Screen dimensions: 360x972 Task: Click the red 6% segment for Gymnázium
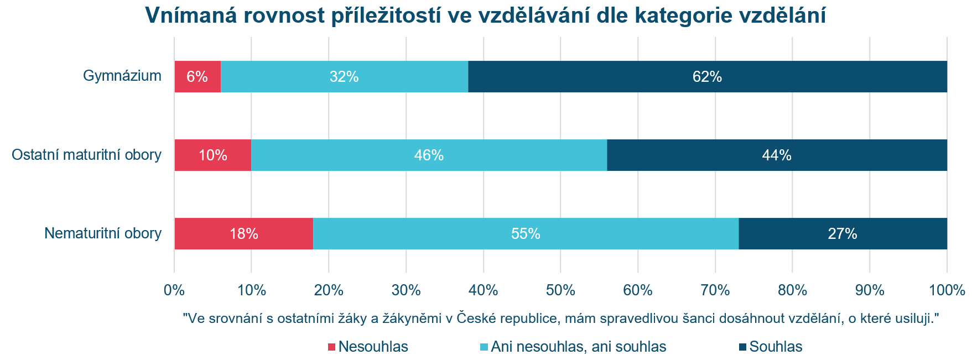click(x=197, y=77)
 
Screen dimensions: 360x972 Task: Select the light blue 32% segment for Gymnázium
click(x=344, y=77)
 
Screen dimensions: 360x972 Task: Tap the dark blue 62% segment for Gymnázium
click(x=707, y=77)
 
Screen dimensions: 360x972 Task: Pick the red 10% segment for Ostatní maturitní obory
click(x=213, y=155)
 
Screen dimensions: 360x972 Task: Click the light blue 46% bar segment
click(x=429, y=155)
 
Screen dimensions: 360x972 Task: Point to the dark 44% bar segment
click(x=777, y=155)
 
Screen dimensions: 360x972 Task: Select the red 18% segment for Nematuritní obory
click(x=243, y=234)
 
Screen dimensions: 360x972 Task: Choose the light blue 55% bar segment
click(x=526, y=234)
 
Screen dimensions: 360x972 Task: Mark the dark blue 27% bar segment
click(x=843, y=234)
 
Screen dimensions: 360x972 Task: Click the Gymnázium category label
click(x=122, y=76)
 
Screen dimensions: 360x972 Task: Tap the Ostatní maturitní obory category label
click(x=87, y=155)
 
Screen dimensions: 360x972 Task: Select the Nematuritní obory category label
click(x=103, y=233)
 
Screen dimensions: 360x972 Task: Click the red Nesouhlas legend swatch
click(x=332, y=347)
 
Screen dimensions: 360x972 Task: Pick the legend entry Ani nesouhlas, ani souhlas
click(x=578, y=347)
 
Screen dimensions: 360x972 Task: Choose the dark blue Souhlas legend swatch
click(x=742, y=347)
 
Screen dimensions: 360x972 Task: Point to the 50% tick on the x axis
click(x=560, y=290)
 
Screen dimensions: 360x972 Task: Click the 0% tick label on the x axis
click(x=174, y=290)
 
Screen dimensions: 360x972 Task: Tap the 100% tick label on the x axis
click(x=947, y=290)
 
